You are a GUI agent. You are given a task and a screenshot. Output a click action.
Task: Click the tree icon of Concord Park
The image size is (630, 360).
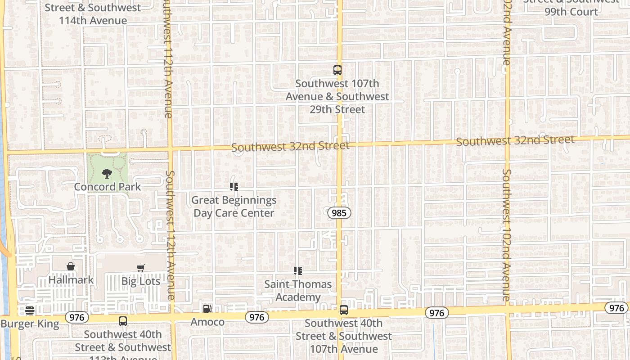107,173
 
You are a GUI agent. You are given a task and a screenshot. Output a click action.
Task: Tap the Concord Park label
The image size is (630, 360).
108,187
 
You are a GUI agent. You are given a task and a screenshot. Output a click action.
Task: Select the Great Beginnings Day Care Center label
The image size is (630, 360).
234,206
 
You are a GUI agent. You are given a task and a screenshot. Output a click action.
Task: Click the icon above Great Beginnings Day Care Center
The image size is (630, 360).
234,186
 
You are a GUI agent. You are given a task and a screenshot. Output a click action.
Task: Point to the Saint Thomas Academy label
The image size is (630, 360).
298,291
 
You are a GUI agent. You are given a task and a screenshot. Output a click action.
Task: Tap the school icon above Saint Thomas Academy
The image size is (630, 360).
297,271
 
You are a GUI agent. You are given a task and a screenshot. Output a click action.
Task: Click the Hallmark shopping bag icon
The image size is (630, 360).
71,266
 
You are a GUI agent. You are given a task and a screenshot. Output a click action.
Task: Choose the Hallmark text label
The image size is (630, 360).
71,280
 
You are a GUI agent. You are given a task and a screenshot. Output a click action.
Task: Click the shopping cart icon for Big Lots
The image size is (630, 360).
141,268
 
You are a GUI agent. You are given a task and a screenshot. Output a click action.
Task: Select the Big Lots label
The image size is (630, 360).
141,281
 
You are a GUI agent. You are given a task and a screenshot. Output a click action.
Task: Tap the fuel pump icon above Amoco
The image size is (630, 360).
207,309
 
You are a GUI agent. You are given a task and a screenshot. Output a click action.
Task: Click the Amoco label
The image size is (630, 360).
207,322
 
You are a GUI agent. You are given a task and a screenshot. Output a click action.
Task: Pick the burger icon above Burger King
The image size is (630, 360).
30,310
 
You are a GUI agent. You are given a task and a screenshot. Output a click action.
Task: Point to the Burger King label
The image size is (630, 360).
30,324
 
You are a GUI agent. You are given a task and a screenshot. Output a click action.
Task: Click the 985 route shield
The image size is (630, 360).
339,213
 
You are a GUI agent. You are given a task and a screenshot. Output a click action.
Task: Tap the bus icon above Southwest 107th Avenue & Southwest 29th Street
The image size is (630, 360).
337,70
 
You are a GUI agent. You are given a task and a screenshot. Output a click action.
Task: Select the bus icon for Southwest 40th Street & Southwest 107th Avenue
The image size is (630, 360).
344,310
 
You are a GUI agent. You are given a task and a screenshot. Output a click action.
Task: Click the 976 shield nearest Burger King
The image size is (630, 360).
77,317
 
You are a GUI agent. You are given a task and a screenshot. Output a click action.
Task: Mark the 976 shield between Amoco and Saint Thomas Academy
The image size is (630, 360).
257,317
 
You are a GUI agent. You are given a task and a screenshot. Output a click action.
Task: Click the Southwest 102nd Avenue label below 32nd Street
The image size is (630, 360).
507,235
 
